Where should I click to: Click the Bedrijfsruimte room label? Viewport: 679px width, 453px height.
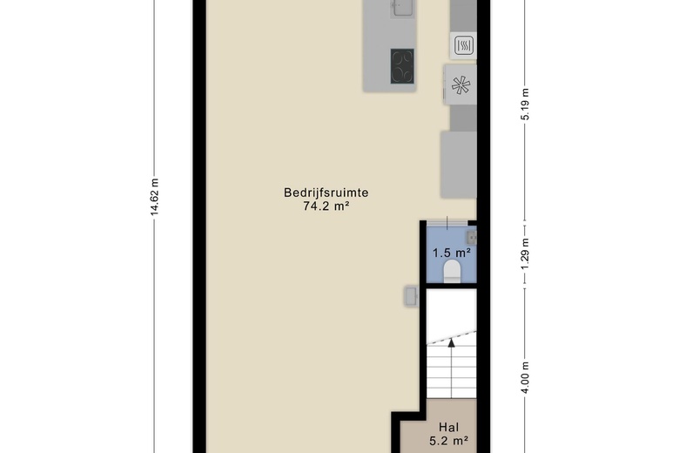tap(326, 193)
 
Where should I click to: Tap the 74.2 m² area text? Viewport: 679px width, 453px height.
tap(326, 206)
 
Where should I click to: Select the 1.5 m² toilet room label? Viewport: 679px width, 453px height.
tap(452, 253)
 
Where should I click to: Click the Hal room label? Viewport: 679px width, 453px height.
tap(448, 428)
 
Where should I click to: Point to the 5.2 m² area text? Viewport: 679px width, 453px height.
tap(448, 442)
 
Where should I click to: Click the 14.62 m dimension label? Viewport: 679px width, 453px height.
tap(155, 196)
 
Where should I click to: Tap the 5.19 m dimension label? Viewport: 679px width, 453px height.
tap(525, 104)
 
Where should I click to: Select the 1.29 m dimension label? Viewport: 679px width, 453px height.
tap(525, 254)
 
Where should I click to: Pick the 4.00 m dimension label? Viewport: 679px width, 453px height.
tap(525, 377)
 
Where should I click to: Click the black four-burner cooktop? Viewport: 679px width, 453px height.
tap(402, 66)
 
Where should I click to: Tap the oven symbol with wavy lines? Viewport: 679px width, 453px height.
tap(464, 45)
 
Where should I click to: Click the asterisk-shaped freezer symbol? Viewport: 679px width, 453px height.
tap(461, 85)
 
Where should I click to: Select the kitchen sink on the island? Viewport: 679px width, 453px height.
tap(402, 8)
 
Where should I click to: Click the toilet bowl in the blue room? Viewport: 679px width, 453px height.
tap(452, 272)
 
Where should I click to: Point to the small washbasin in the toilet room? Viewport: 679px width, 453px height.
tap(472, 237)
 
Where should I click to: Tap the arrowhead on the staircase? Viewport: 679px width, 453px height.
tap(451, 343)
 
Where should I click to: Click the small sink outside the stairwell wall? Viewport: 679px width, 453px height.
tap(412, 296)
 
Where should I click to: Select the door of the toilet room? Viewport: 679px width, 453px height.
tap(447, 223)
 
